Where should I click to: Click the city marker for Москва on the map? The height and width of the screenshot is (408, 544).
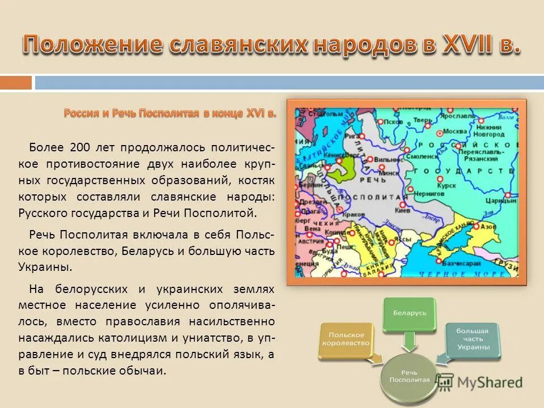tap(438, 131)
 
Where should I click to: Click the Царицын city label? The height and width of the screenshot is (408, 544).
tap(503, 200)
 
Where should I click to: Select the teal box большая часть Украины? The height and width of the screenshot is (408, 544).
tap(472, 341)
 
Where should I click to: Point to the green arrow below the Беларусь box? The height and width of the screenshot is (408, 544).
tap(409, 342)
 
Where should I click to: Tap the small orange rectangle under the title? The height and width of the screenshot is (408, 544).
tap(16, 83)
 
